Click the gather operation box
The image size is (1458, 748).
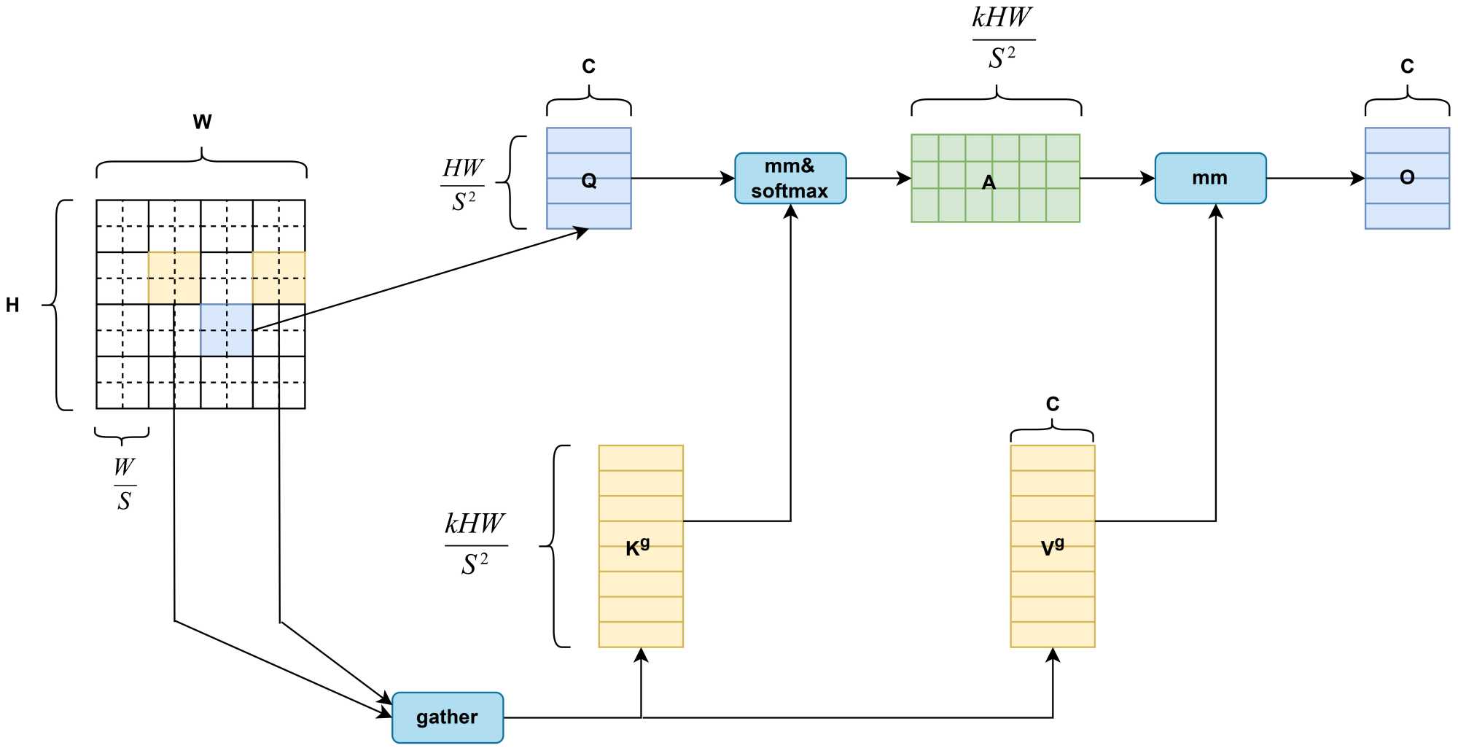(448, 717)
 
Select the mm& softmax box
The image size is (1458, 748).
(790, 179)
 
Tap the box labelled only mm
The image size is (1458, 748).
(1210, 178)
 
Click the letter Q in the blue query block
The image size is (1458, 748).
(589, 180)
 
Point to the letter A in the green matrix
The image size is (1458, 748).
(989, 182)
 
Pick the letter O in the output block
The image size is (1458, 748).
(1407, 177)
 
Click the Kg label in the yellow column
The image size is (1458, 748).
(637, 548)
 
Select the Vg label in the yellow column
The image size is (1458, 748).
(1052, 547)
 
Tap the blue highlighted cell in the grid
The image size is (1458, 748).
(227, 330)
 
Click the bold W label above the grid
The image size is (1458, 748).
(202, 122)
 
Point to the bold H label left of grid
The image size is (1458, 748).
(12, 305)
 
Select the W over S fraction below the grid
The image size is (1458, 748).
(125, 484)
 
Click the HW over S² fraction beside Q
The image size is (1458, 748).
(463, 185)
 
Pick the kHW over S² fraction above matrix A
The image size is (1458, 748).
(1002, 37)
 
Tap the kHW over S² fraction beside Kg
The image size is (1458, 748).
(475, 543)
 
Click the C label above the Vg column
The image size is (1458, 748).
(1052, 404)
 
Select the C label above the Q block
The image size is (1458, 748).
(588, 67)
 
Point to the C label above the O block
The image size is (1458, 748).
(1407, 67)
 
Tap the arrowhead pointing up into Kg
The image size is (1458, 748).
(641, 655)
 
